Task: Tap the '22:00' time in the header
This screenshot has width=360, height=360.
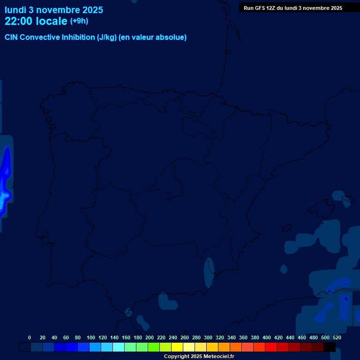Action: pos(18,21)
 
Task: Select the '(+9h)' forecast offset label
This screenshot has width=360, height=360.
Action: pos(79,21)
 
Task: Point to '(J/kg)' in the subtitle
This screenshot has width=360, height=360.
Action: pos(107,37)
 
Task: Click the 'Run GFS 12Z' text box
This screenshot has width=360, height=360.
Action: pos(292,8)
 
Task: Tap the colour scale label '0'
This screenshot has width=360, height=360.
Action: pos(30,337)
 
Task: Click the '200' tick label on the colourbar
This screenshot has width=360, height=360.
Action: pos(150,337)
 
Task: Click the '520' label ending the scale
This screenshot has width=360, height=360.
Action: pos(337,337)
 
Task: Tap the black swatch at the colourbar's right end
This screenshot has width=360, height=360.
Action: pos(330,347)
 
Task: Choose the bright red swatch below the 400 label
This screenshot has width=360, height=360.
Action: pos(270,347)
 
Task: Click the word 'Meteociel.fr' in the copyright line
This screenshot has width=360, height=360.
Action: pos(218,357)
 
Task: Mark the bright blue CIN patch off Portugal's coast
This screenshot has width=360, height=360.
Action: pos(5,180)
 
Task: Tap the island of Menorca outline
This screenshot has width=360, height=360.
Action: pos(347,201)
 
